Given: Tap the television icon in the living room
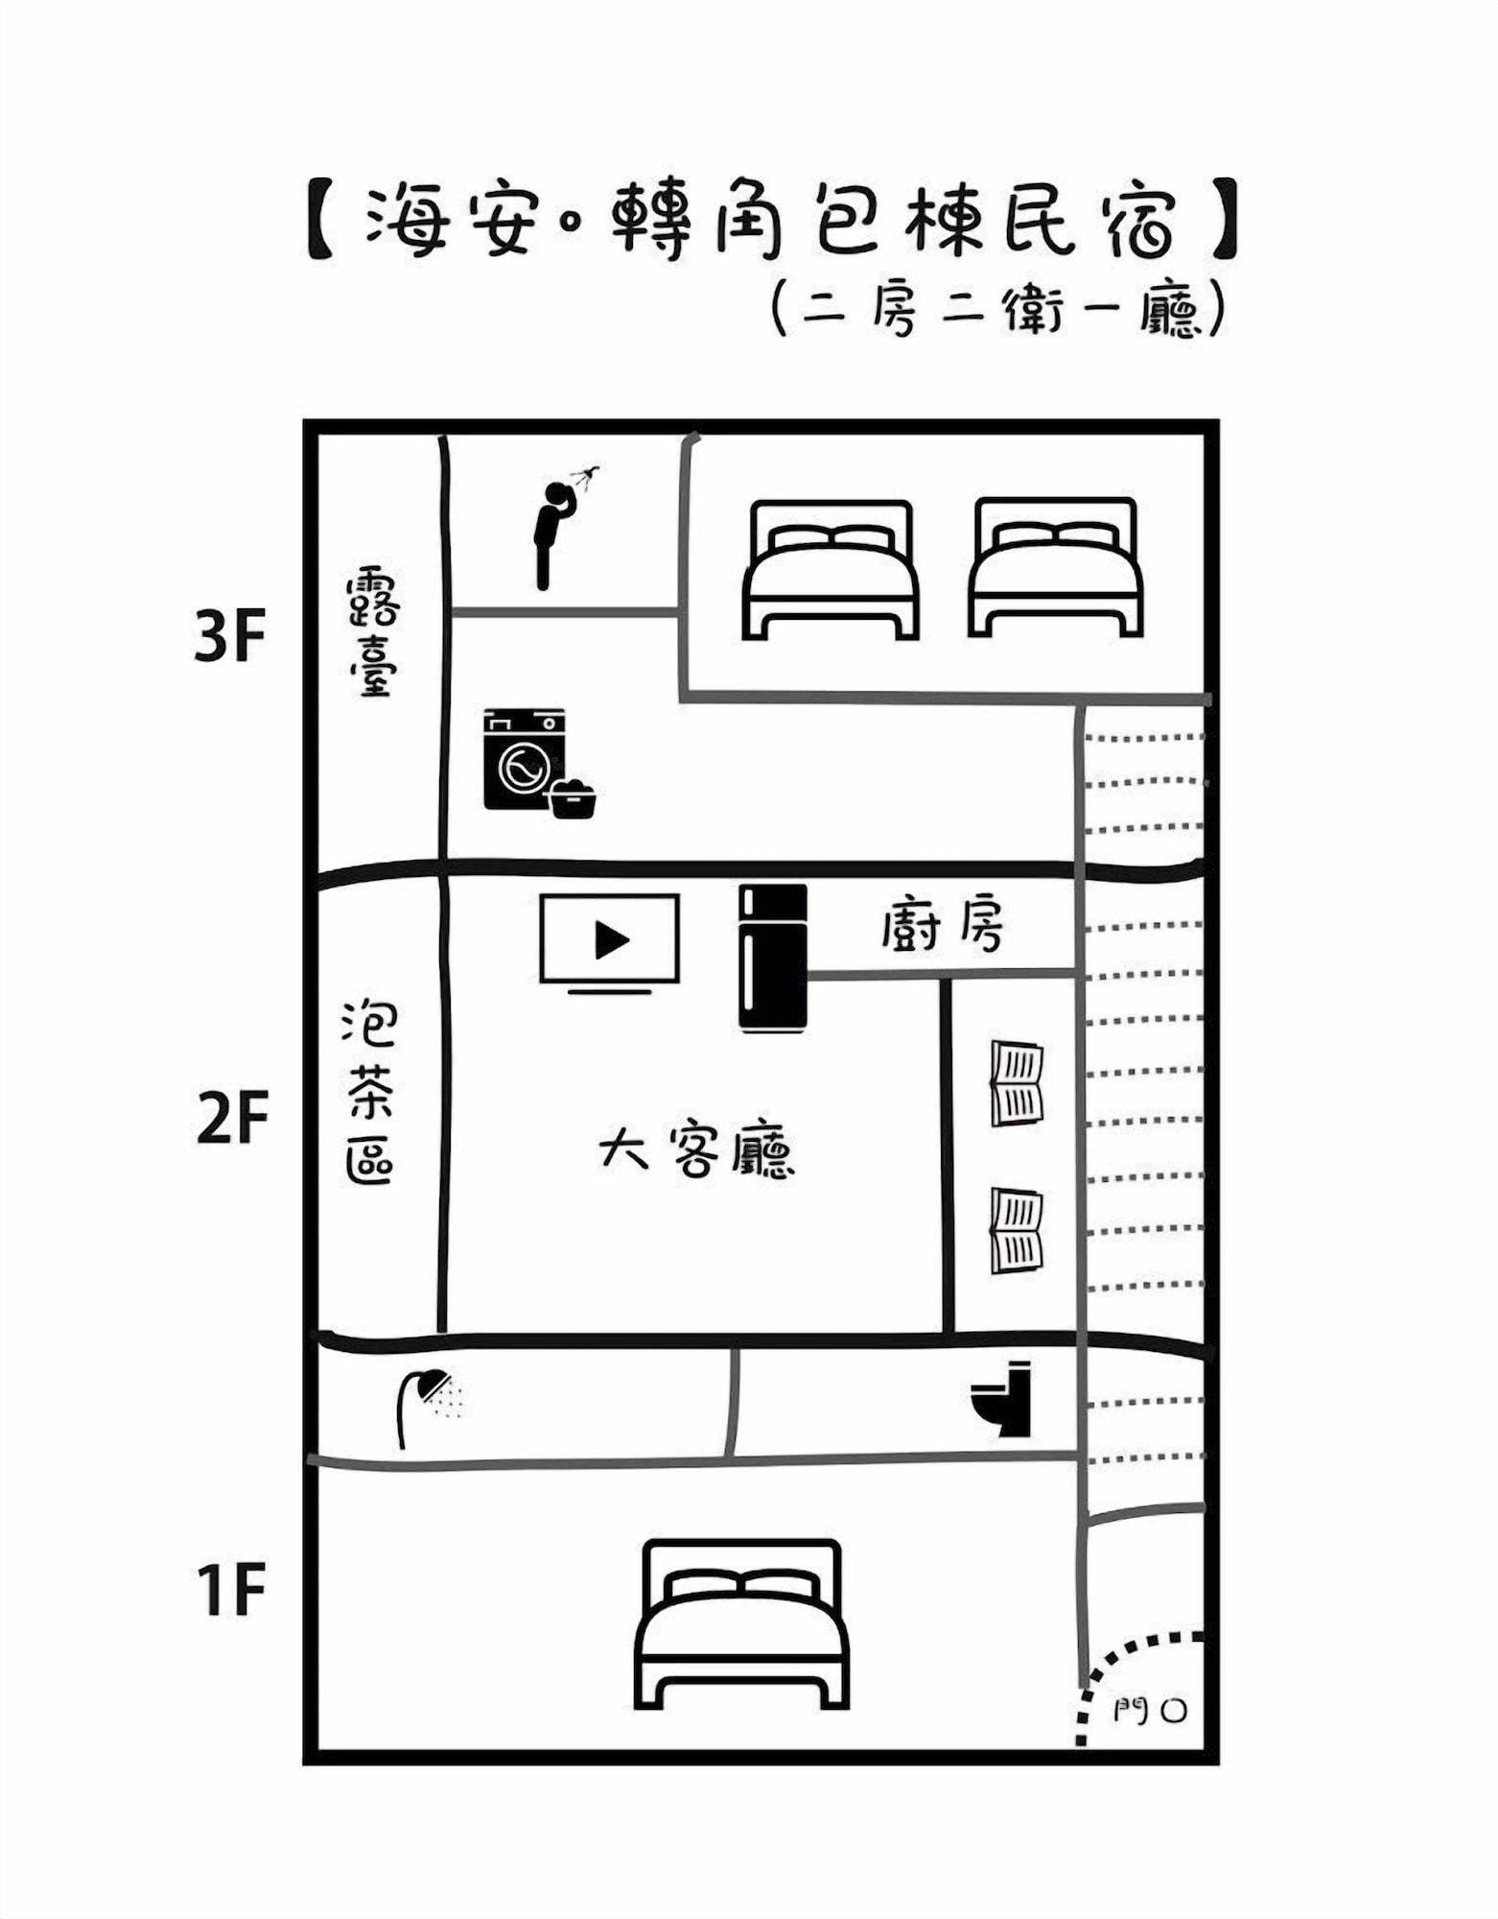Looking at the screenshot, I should (610, 940).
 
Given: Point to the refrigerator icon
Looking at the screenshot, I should (772, 958).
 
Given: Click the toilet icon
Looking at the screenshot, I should (1003, 1399).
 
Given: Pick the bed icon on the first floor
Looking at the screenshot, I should (741, 1623).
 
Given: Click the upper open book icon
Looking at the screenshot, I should (1017, 1083).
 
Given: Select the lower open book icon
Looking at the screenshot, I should (1017, 1231).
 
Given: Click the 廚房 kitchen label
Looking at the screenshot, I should (942, 927).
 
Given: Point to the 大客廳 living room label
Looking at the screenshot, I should (697, 1151).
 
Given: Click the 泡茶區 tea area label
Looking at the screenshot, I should (370, 1094).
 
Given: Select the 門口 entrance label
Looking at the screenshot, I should (1151, 1709).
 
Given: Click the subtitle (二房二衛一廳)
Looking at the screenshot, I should (997, 309).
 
